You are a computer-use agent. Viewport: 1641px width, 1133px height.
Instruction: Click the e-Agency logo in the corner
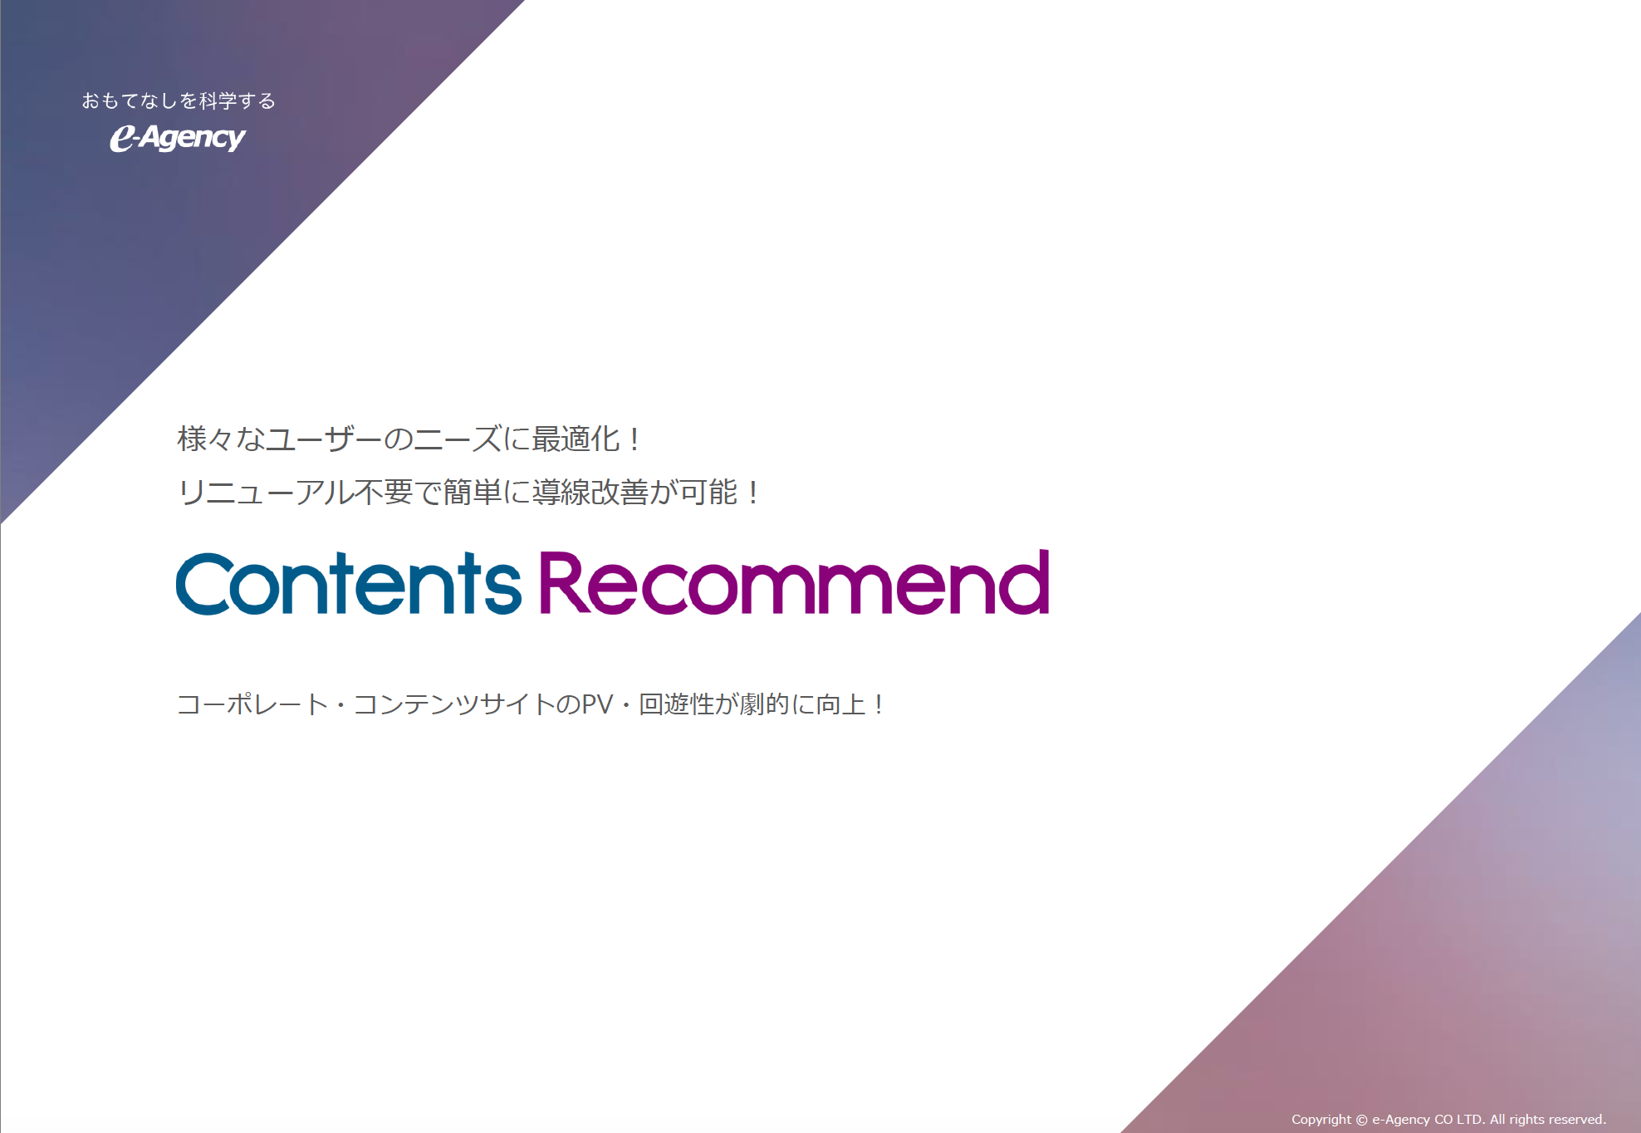[178, 138]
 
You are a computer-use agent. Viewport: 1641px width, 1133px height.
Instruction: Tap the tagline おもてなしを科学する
[179, 101]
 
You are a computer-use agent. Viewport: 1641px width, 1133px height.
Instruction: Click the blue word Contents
[349, 583]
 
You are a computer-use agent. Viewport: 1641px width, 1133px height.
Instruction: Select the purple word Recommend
[795, 582]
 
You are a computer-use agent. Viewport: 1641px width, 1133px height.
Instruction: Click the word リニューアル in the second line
[266, 492]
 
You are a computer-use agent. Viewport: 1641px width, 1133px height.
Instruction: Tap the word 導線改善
[590, 492]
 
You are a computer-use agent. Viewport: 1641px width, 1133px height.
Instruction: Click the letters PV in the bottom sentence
[597, 704]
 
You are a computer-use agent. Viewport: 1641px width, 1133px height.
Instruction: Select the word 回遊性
[677, 704]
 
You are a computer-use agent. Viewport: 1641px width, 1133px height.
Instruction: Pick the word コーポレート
[253, 704]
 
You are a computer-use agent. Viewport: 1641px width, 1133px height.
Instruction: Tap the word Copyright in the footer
[1321, 1120]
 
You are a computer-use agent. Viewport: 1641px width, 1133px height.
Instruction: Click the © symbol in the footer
[1362, 1120]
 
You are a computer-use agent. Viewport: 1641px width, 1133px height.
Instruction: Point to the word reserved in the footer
[1576, 1119]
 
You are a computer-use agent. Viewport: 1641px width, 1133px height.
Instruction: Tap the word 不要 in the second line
[384, 492]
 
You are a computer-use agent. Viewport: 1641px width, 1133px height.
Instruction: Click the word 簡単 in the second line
[472, 492]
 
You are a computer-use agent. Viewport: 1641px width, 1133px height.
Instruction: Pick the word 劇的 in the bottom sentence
[765, 704]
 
